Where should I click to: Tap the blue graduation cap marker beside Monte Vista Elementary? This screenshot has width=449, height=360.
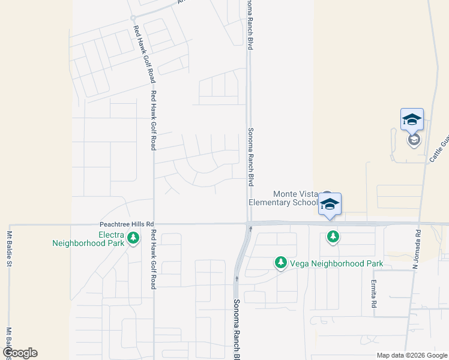pos(330,204)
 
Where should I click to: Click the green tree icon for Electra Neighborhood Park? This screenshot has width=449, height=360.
pos(133,238)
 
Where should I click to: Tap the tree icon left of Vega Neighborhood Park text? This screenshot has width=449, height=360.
pos(280,263)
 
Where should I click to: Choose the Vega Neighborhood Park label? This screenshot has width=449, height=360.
pos(336,263)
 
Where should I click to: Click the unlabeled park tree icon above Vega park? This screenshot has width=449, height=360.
pos(333,237)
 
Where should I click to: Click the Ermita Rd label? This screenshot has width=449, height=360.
pos(373,294)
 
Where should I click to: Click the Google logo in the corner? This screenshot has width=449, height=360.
pos(20,353)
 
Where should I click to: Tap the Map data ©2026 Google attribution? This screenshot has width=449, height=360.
pos(411,355)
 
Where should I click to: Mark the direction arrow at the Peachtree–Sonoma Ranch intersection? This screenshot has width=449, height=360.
pos(247,227)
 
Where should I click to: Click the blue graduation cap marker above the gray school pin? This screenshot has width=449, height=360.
pos(412,119)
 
